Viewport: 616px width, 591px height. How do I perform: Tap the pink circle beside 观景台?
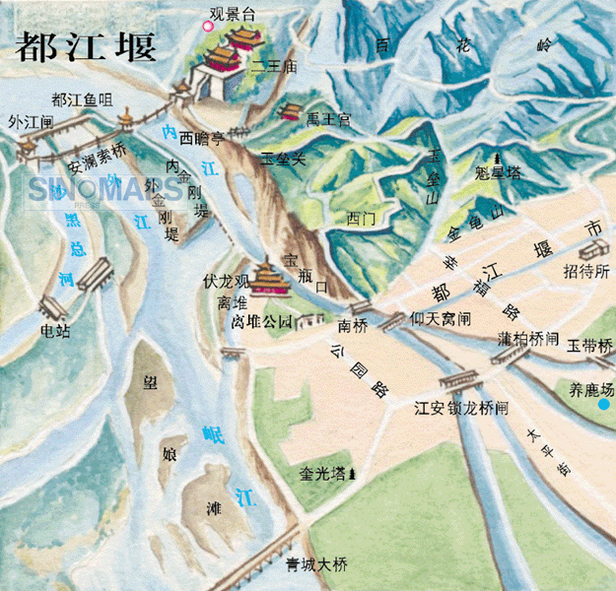208,27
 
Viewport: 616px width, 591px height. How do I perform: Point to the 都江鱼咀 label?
85,99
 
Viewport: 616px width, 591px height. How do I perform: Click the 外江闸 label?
31,122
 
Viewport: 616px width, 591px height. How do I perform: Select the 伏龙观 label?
226,281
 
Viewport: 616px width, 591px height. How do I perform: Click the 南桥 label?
352,325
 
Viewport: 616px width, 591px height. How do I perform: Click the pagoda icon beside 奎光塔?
353,475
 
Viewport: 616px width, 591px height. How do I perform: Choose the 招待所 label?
585,272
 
